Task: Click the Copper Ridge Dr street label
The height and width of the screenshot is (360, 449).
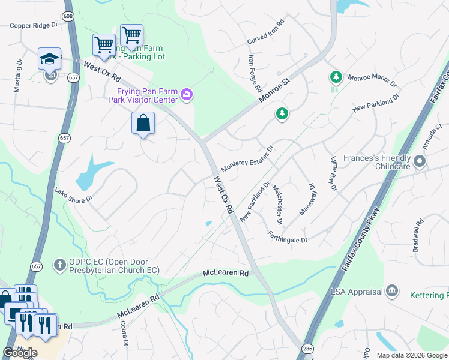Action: (x=33, y=26)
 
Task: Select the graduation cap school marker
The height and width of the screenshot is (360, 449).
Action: (x=49, y=58)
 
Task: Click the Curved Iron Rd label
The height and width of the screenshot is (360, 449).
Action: (x=265, y=35)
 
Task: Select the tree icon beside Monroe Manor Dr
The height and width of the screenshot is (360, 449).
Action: (x=335, y=77)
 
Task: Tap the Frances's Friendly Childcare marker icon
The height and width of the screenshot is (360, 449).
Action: (x=420, y=161)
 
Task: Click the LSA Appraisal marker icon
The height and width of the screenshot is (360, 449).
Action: (x=392, y=292)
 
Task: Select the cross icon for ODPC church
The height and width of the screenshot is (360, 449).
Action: (x=59, y=265)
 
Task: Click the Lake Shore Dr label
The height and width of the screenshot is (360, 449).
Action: (x=74, y=195)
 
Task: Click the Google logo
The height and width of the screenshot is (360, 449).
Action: (x=20, y=353)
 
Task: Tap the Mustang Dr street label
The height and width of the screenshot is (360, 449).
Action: (x=19, y=75)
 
